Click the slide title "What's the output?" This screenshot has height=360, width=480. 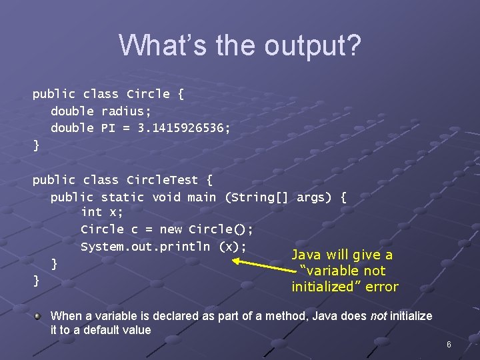pyautogui.click(x=240, y=45)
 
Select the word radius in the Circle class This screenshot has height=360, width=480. pyautogui.click(x=127, y=111)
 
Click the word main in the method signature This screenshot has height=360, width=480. pyautogui.click(x=201, y=197)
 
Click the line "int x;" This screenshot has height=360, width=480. pyautogui.click(x=101, y=212)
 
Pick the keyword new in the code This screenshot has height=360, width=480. pyautogui.click(x=171, y=229)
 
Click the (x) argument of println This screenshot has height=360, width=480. pyautogui.click(x=233, y=247)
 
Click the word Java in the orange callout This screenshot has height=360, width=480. pyautogui.click(x=307, y=255)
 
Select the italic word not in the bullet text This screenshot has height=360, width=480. pyautogui.click(x=379, y=316)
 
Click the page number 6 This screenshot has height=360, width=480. pyautogui.click(x=449, y=345)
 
